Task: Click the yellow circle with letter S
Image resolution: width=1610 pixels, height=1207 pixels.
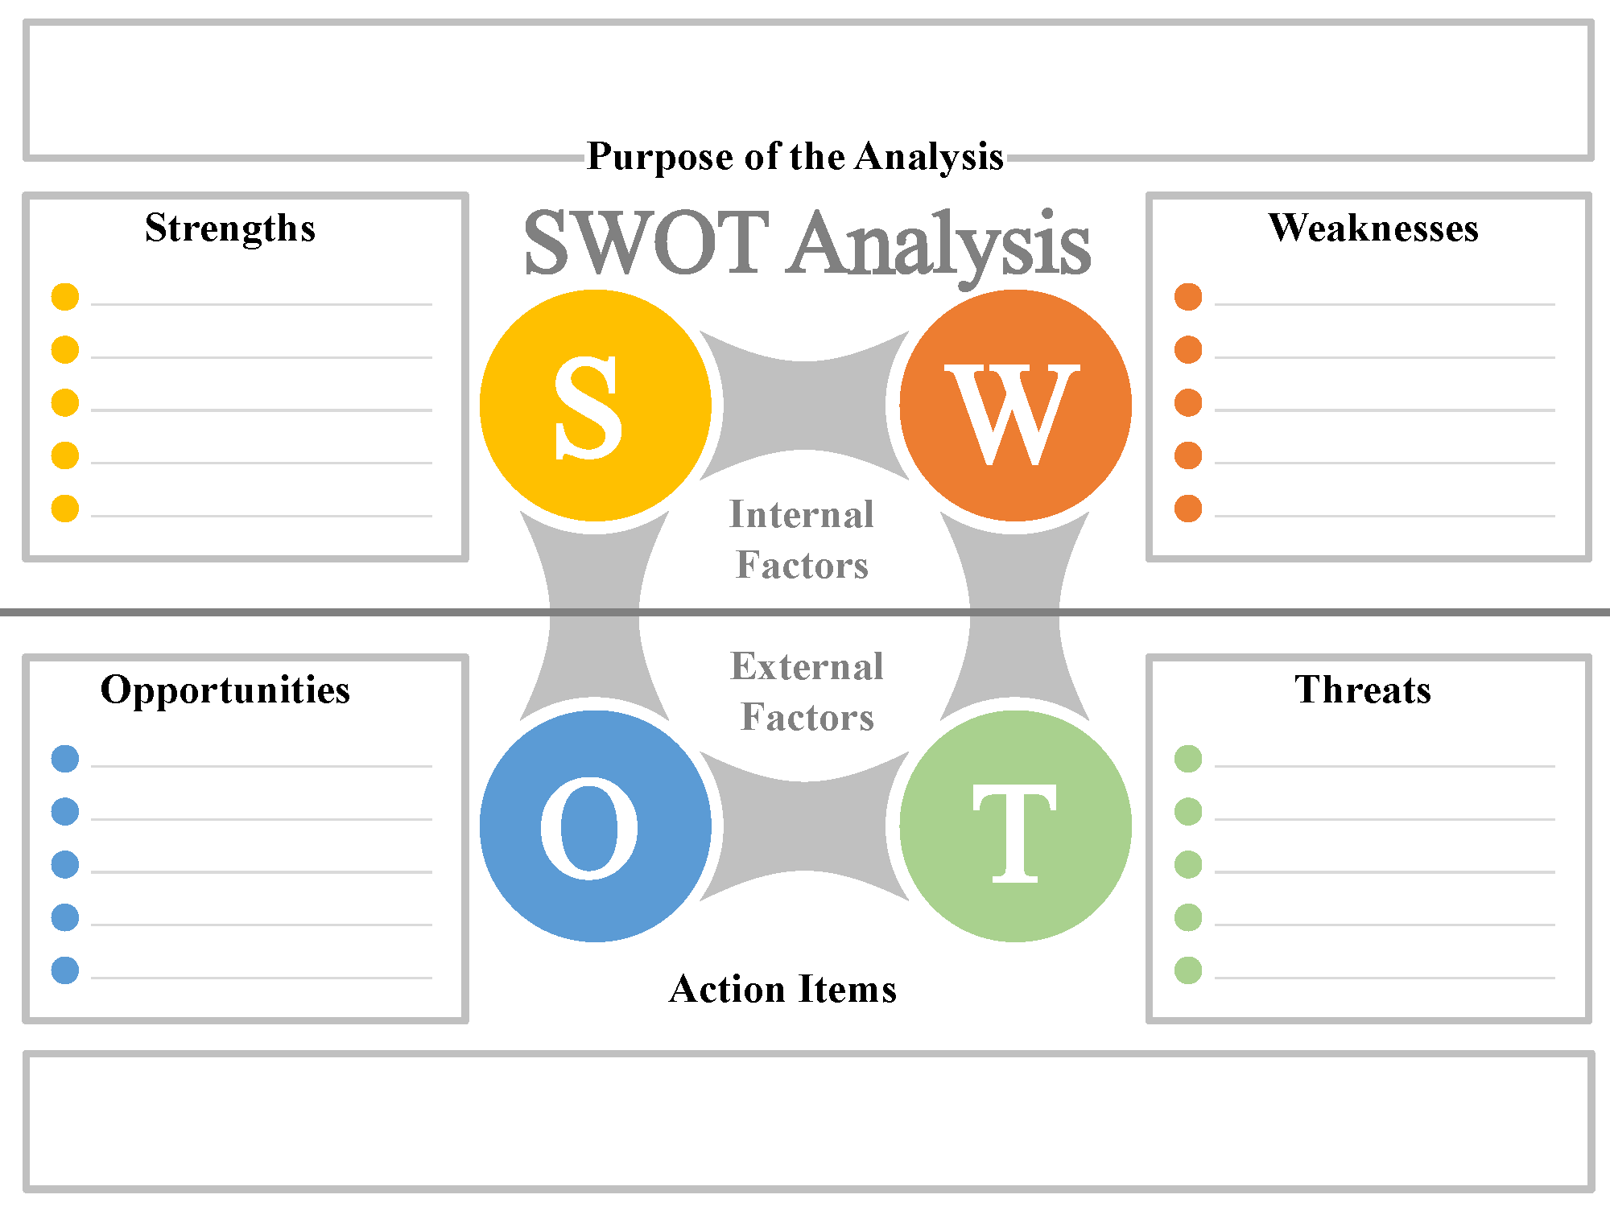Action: point(595,406)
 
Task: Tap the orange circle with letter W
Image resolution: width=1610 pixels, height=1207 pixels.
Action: point(1015,406)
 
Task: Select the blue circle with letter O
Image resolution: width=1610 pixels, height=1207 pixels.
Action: point(595,826)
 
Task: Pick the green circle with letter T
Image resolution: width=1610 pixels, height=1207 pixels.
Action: point(1015,826)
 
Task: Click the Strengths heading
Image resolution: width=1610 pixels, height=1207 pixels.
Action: point(230,228)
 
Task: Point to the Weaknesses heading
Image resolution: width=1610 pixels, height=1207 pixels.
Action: point(1373,228)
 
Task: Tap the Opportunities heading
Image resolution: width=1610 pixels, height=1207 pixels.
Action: point(225,690)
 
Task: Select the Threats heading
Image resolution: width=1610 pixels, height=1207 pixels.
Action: point(1363,690)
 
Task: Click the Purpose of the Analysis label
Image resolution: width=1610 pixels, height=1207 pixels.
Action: point(795,156)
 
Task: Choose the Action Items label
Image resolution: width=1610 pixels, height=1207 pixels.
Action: point(782,989)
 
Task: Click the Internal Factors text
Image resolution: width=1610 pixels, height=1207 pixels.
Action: point(802,539)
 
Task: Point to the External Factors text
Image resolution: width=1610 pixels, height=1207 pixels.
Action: point(807,691)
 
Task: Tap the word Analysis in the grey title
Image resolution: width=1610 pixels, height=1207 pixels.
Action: point(939,244)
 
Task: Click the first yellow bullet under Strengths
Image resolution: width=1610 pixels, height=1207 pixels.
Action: point(65,297)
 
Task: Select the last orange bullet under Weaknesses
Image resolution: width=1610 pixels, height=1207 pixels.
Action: point(1188,509)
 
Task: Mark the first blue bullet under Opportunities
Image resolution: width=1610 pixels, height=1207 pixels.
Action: point(65,759)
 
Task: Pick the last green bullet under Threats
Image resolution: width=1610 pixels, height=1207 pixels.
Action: point(1188,970)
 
